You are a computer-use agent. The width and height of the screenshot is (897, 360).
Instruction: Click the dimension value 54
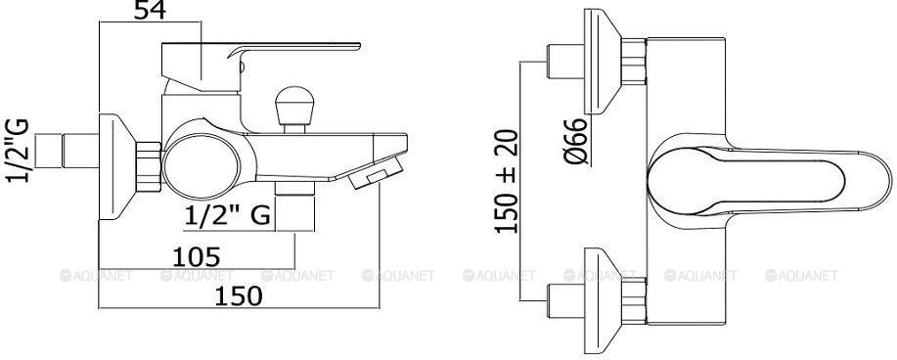pyautogui.click(x=150, y=10)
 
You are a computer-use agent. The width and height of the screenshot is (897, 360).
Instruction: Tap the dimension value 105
pyautogui.click(x=197, y=257)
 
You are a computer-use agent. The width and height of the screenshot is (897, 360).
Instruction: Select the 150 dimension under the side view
pyautogui.click(x=239, y=296)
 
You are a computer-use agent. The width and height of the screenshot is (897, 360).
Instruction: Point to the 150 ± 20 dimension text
pyautogui.click(x=507, y=181)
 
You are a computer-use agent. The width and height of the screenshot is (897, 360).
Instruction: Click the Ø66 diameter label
pyautogui.click(x=577, y=142)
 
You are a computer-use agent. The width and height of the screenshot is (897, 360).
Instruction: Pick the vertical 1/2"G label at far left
pyautogui.click(x=18, y=151)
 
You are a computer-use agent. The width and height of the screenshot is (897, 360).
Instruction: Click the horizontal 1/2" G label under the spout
pyautogui.click(x=228, y=216)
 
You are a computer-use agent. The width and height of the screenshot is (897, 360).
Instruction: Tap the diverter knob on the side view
pyautogui.click(x=294, y=109)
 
